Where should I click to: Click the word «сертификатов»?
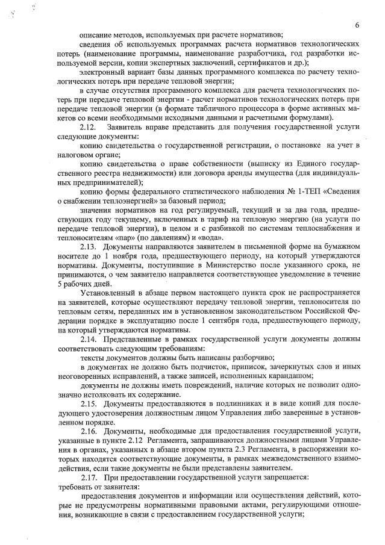pyautogui.click(x=264, y=63)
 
